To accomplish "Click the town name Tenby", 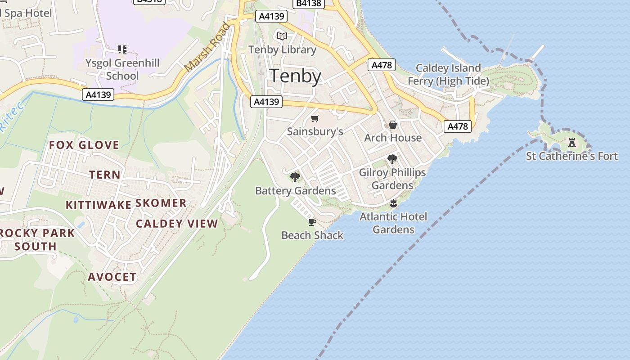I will (x=295, y=76).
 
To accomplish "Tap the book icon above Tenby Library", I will (x=282, y=36).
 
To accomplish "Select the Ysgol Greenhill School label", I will (x=122, y=69).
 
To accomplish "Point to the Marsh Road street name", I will (x=207, y=47).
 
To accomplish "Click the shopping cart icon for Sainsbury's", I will (x=315, y=119).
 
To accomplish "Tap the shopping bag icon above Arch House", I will (x=393, y=125).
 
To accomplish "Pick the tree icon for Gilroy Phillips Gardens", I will (x=392, y=159).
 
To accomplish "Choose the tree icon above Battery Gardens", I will (x=295, y=177).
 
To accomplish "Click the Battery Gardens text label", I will (x=295, y=191).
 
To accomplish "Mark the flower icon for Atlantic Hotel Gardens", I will (x=393, y=203).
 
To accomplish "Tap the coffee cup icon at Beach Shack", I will (x=312, y=222).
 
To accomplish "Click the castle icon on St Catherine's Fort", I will (x=572, y=143).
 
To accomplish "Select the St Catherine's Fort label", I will (x=572, y=156).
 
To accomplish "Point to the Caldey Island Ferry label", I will (x=448, y=74).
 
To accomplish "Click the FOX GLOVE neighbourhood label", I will (x=84, y=145).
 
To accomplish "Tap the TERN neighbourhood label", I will (x=105, y=175).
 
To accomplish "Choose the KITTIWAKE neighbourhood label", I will (x=99, y=205).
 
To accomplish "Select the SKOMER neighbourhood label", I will (x=161, y=203).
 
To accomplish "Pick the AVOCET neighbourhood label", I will (x=112, y=277).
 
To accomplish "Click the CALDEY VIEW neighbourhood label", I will (x=177, y=224).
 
